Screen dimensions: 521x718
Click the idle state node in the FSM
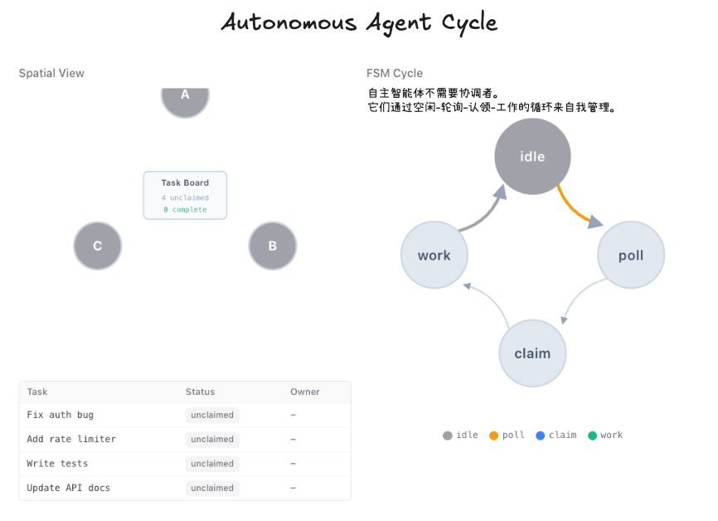coord(532,156)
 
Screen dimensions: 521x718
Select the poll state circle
coord(631,255)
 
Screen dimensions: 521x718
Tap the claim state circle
coord(532,353)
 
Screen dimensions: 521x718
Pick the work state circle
coord(434,255)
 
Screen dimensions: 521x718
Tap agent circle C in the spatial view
coord(98,246)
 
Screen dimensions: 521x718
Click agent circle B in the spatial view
coord(273,246)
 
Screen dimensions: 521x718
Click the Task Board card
coord(185,195)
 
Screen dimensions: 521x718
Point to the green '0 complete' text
coord(185,210)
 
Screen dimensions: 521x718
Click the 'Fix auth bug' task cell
coord(61,415)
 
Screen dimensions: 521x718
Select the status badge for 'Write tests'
coord(212,464)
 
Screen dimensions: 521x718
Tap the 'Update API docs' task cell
coord(68,488)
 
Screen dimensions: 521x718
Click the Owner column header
coord(305,392)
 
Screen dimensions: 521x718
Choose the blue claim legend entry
coord(556,435)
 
